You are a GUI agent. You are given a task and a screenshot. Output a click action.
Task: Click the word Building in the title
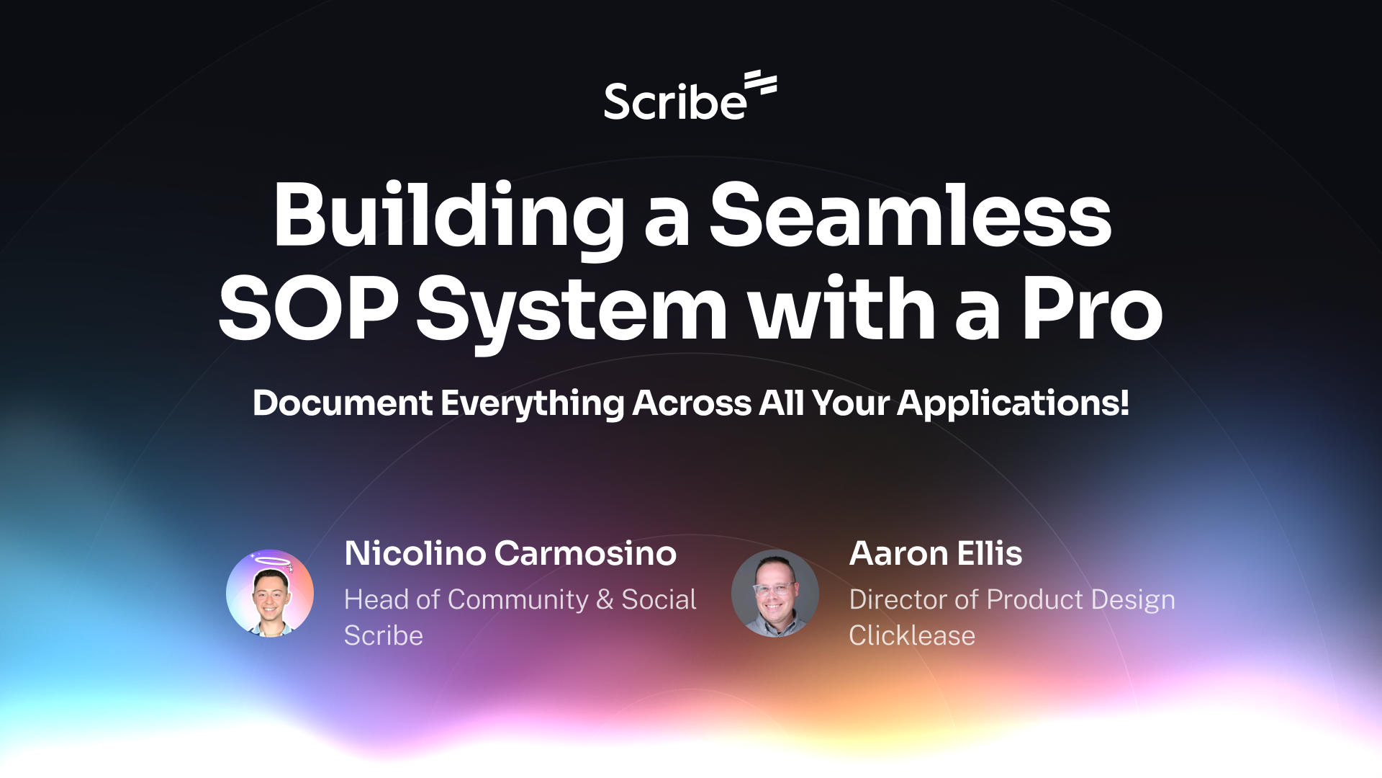[x=448, y=216]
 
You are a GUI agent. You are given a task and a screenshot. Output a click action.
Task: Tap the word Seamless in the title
[x=911, y=216]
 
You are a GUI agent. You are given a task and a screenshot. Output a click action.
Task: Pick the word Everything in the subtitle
[x=533, y=403]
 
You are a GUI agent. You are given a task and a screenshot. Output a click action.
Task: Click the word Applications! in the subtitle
[x=1013, y=403]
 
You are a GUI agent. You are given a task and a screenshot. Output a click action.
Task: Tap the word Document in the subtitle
[x=343, y=403]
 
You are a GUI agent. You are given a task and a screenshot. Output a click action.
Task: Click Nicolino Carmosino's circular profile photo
[x=270, y=594]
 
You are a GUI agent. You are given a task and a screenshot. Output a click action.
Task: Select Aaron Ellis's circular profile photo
[x=775, y=594]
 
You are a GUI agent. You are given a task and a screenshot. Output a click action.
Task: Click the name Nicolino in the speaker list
[x=415, y=553]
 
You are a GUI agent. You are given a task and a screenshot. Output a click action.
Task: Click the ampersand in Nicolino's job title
[x=605, y=599]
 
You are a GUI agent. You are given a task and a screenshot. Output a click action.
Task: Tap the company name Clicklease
[x=912, y=635]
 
